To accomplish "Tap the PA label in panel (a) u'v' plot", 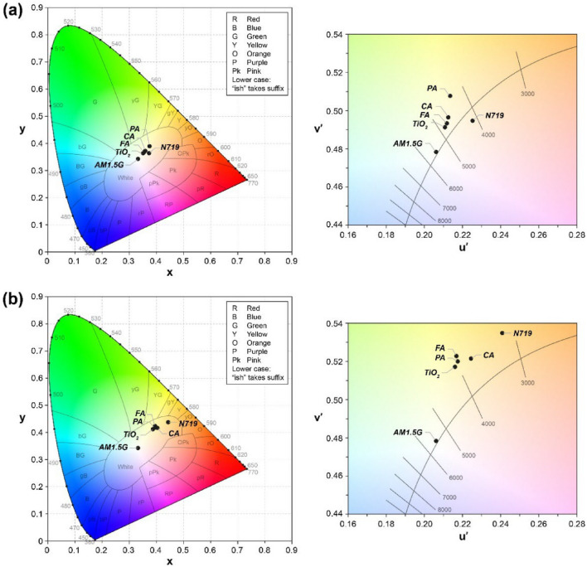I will pyautogui.click(x=432, y=88).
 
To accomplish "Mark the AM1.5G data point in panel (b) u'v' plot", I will pyautogui.click(x=435, y=440).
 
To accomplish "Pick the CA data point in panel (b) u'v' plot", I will pyautogui.click(x=471, y=358).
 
